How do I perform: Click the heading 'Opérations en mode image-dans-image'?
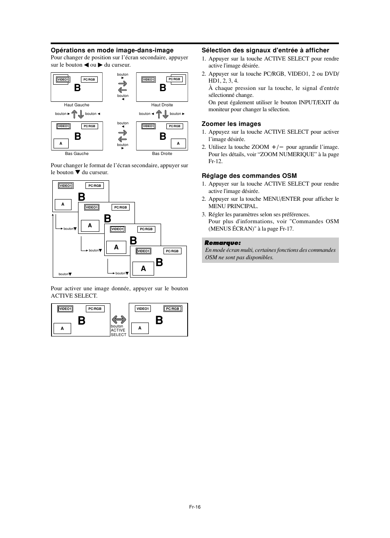point(112,50)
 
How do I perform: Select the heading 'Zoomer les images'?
point(231,124)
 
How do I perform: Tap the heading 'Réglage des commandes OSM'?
point(249,176)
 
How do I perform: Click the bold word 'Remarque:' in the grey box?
point(223,243)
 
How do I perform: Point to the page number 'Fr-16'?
point(195,507)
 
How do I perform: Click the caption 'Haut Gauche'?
point(76,105)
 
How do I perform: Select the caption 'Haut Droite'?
point(162,105)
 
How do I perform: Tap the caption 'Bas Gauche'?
point(77,154)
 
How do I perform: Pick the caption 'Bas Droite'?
point(162,154)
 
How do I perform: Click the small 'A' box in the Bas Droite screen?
point(178,143)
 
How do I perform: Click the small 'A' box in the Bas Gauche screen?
point(61,143)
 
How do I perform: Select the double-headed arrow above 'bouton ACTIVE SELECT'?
point(119,319)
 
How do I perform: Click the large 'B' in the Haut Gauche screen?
point(77,88)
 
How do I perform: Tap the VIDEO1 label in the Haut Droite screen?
point(148,80)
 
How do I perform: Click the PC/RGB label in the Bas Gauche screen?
point(89,126)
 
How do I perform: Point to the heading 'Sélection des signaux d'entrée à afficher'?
point(265,50)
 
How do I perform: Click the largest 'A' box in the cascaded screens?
point(143,269)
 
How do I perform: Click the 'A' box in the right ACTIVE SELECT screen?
point(140,328)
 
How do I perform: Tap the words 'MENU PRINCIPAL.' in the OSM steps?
point(233,206)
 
